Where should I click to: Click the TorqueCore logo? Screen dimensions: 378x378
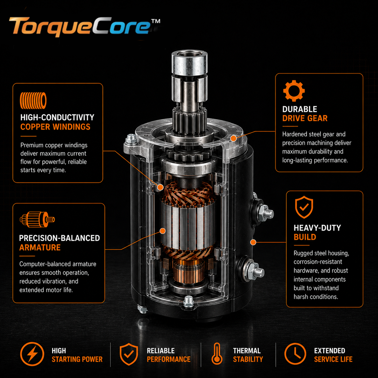(84, 27)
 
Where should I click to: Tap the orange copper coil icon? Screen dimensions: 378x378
(33, 100)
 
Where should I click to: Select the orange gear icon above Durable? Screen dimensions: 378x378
(294, 91)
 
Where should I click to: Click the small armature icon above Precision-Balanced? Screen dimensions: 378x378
(37, 219)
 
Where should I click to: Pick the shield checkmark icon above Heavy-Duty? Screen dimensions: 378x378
(304, 207)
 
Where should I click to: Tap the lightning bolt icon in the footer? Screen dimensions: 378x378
(32, 354)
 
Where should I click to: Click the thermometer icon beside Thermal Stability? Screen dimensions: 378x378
(217, 354)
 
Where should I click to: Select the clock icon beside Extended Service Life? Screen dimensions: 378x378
(295, 354)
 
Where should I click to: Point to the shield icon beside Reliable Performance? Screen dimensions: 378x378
(129, 354)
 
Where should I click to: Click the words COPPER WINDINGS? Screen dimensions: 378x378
(55, 127)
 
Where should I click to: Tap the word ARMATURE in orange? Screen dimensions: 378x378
(40, 247)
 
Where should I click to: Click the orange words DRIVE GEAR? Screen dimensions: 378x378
(305, 118)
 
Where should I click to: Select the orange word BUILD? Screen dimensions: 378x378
(305, 237)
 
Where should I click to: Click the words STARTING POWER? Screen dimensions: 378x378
(77, 359)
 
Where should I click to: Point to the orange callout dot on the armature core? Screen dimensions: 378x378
(163, 231)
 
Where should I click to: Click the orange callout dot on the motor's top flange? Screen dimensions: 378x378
(233, 138)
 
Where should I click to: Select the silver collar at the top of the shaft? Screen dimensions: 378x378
(189, 62)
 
